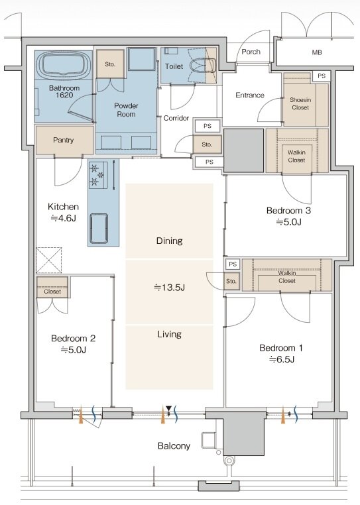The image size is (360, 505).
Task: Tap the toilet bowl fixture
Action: tap(202, 66)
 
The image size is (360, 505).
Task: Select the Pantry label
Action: tap(64, 140)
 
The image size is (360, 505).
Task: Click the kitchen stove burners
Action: tap(98, 175)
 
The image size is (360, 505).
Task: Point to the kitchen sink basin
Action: tap(98, 229)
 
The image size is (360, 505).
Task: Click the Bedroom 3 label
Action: tap(288, 211)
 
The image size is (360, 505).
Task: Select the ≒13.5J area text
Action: tap(169, 287)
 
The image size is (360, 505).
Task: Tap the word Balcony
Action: tap(174, 446)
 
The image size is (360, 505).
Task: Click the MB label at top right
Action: tap(317, 52)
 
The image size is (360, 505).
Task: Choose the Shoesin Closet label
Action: tap(300, 103)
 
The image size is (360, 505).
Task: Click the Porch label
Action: tap(251, 52)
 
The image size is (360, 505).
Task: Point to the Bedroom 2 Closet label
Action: tap(52, 292)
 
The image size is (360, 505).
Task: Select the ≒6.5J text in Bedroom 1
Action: tap(282, 359)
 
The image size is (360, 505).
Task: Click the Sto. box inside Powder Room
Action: tap(110, 64)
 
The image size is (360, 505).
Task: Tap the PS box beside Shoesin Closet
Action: tap(322, 76)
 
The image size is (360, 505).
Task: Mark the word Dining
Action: tap(169, 241)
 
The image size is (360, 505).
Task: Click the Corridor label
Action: tap(176, 118)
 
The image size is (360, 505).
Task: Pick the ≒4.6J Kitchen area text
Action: tap(63, 218)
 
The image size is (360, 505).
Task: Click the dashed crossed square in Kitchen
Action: tap(48, 260)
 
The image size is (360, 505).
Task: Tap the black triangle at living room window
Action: tap(168, 409)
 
